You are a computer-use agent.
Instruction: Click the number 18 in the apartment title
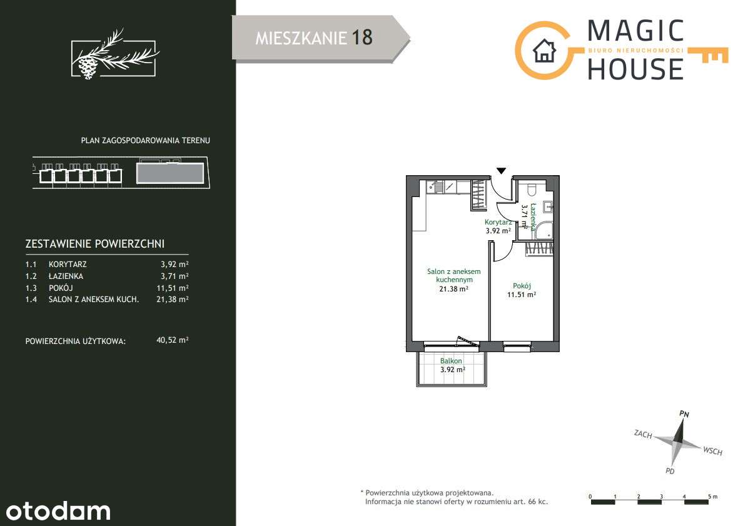362,38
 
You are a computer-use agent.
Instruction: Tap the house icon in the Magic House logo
544,51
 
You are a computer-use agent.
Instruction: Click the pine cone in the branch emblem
88,67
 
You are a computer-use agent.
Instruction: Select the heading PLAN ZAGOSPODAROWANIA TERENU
146,140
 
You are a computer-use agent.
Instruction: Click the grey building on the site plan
170,173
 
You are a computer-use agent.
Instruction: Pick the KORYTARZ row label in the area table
68,265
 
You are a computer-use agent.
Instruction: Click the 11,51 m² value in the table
173,288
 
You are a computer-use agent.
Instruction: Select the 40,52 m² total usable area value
173,340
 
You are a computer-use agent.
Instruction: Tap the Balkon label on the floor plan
451,361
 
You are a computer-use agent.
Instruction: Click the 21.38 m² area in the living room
453,288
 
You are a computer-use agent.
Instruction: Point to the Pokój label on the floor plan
522,286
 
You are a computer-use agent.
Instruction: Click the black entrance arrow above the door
502,171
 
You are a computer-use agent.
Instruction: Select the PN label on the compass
684,413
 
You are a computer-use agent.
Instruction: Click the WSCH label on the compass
713,451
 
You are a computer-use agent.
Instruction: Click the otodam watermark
58,511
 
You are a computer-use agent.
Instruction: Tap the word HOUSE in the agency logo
635,69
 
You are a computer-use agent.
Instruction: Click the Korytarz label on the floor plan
498,222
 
